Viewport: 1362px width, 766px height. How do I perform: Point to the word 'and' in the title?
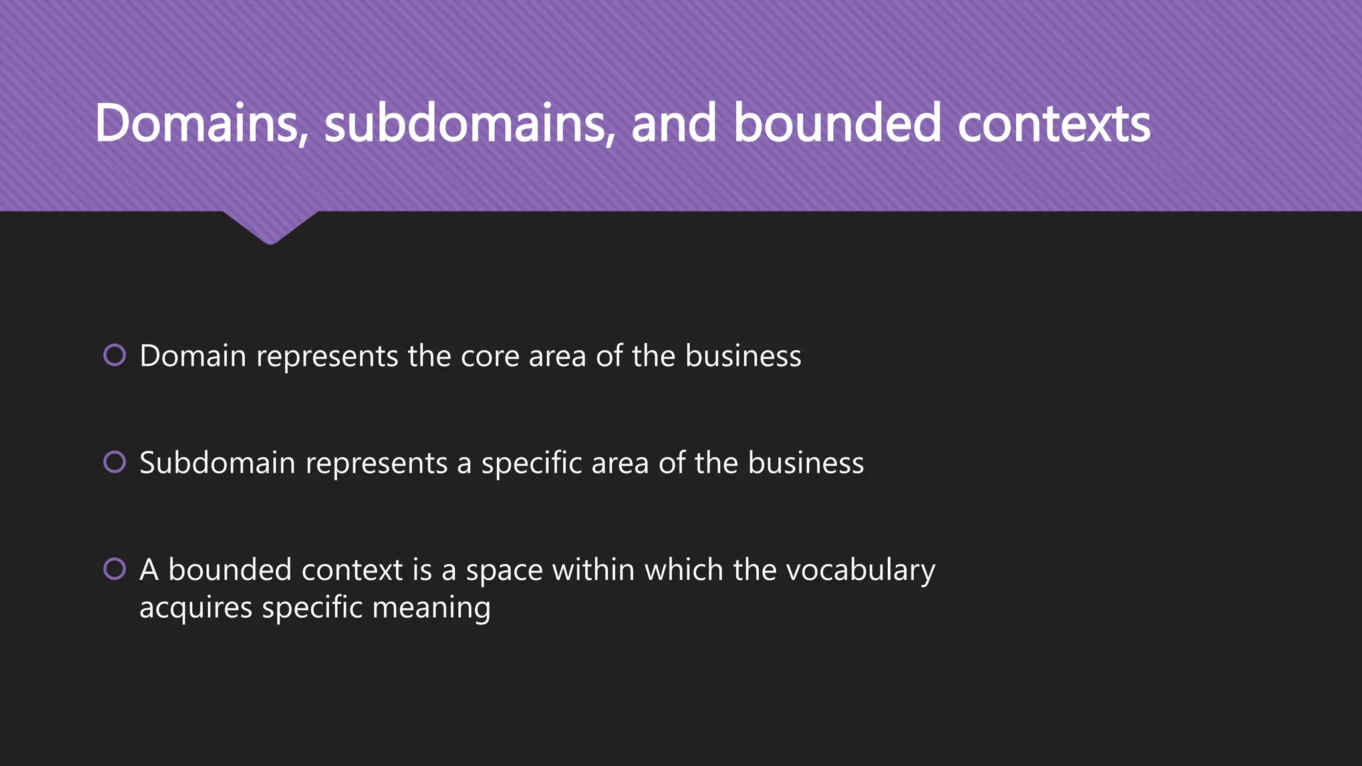674,124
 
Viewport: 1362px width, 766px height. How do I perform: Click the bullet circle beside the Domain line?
115,355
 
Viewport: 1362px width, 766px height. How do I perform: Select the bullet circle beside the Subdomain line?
115,461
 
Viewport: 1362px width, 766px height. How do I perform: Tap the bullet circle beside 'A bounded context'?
115,569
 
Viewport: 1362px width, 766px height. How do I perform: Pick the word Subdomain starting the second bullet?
217,463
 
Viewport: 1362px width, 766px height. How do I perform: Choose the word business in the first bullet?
743,356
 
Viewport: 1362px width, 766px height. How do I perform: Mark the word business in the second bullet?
805,463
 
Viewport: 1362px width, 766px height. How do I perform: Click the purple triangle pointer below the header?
270,227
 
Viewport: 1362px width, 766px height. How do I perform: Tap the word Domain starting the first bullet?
193,356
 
